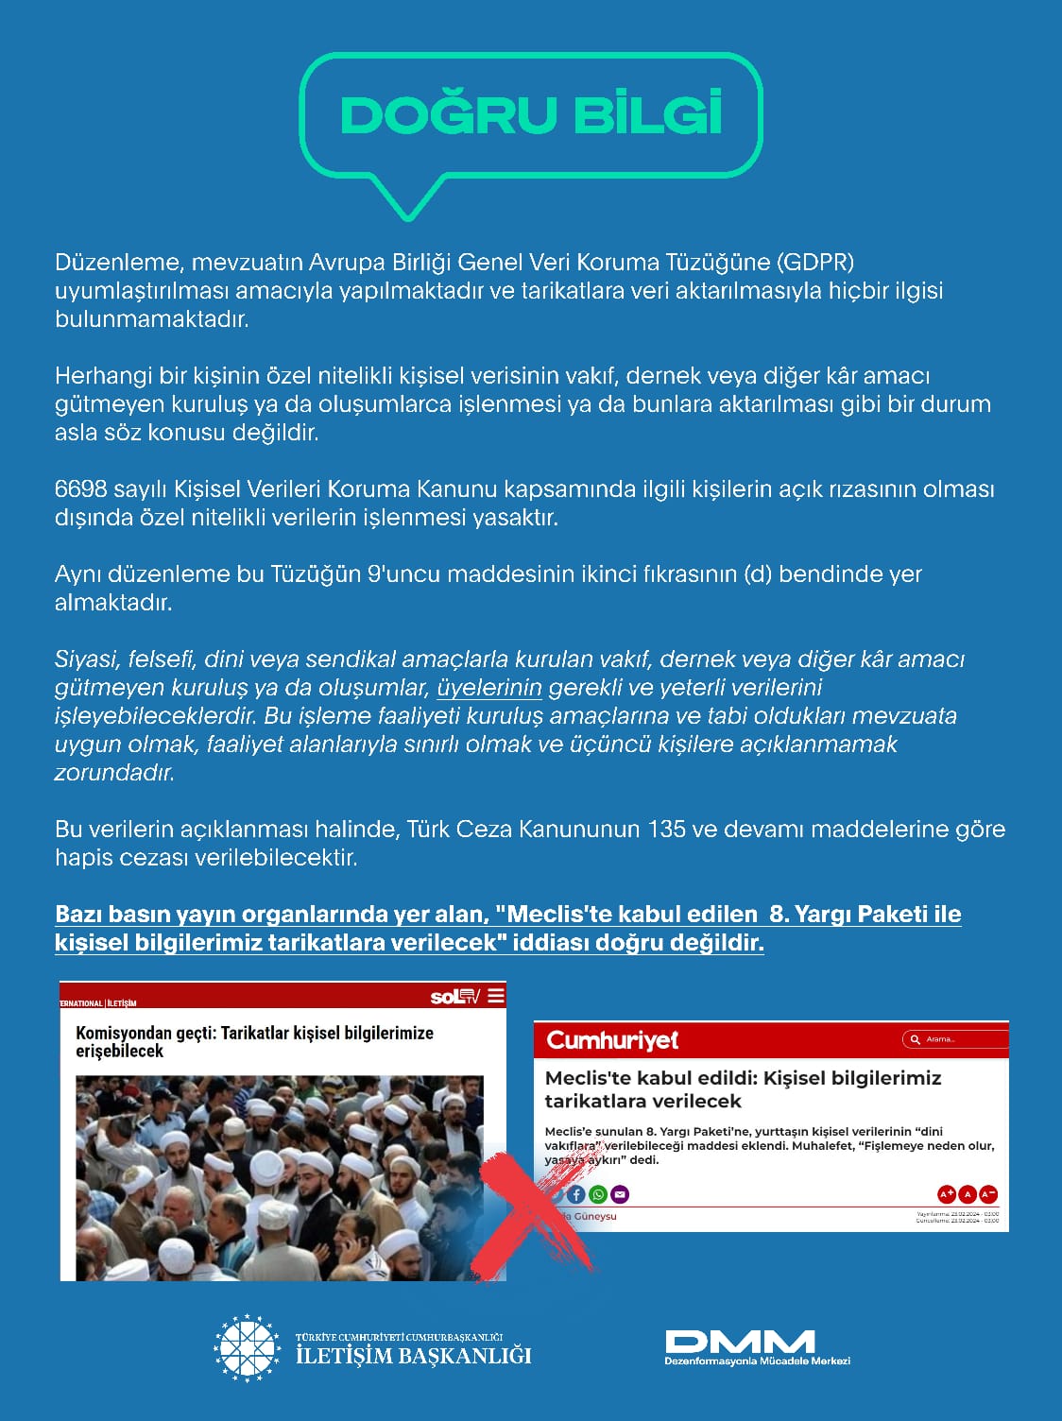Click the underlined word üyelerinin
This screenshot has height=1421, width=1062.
click(x=489, y=688)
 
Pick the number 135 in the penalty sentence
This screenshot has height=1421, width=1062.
click(x=666, y=830)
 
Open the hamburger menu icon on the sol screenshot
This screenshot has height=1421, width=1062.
click(x=496, y=996)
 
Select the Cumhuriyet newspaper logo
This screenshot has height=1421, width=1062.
click(x=612, y=1040)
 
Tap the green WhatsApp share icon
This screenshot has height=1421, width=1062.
click(x=598, y=1194)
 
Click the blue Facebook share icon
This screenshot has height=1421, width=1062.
click(x=576, y=1194)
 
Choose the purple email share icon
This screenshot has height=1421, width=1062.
click(x=620, y=1194)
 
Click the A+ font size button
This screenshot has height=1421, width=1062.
click(x=946, y=1194)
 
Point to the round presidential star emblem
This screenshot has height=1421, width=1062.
click(x=248, y=1348)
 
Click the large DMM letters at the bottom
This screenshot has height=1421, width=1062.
click(x=740, y=1341)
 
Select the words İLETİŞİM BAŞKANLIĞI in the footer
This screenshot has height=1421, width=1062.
click(x=414, y=1357)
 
